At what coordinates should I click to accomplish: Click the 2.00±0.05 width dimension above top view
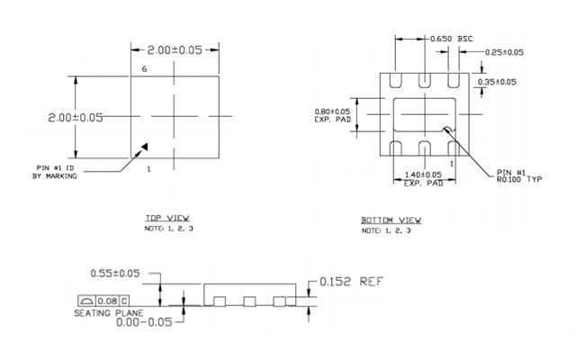175,49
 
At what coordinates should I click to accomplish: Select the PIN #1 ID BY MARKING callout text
56,172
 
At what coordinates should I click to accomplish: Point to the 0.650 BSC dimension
451,39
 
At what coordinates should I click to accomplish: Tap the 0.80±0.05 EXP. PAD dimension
332,115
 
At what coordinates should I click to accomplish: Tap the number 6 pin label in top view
144,69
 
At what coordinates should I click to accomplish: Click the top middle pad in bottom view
424,80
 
